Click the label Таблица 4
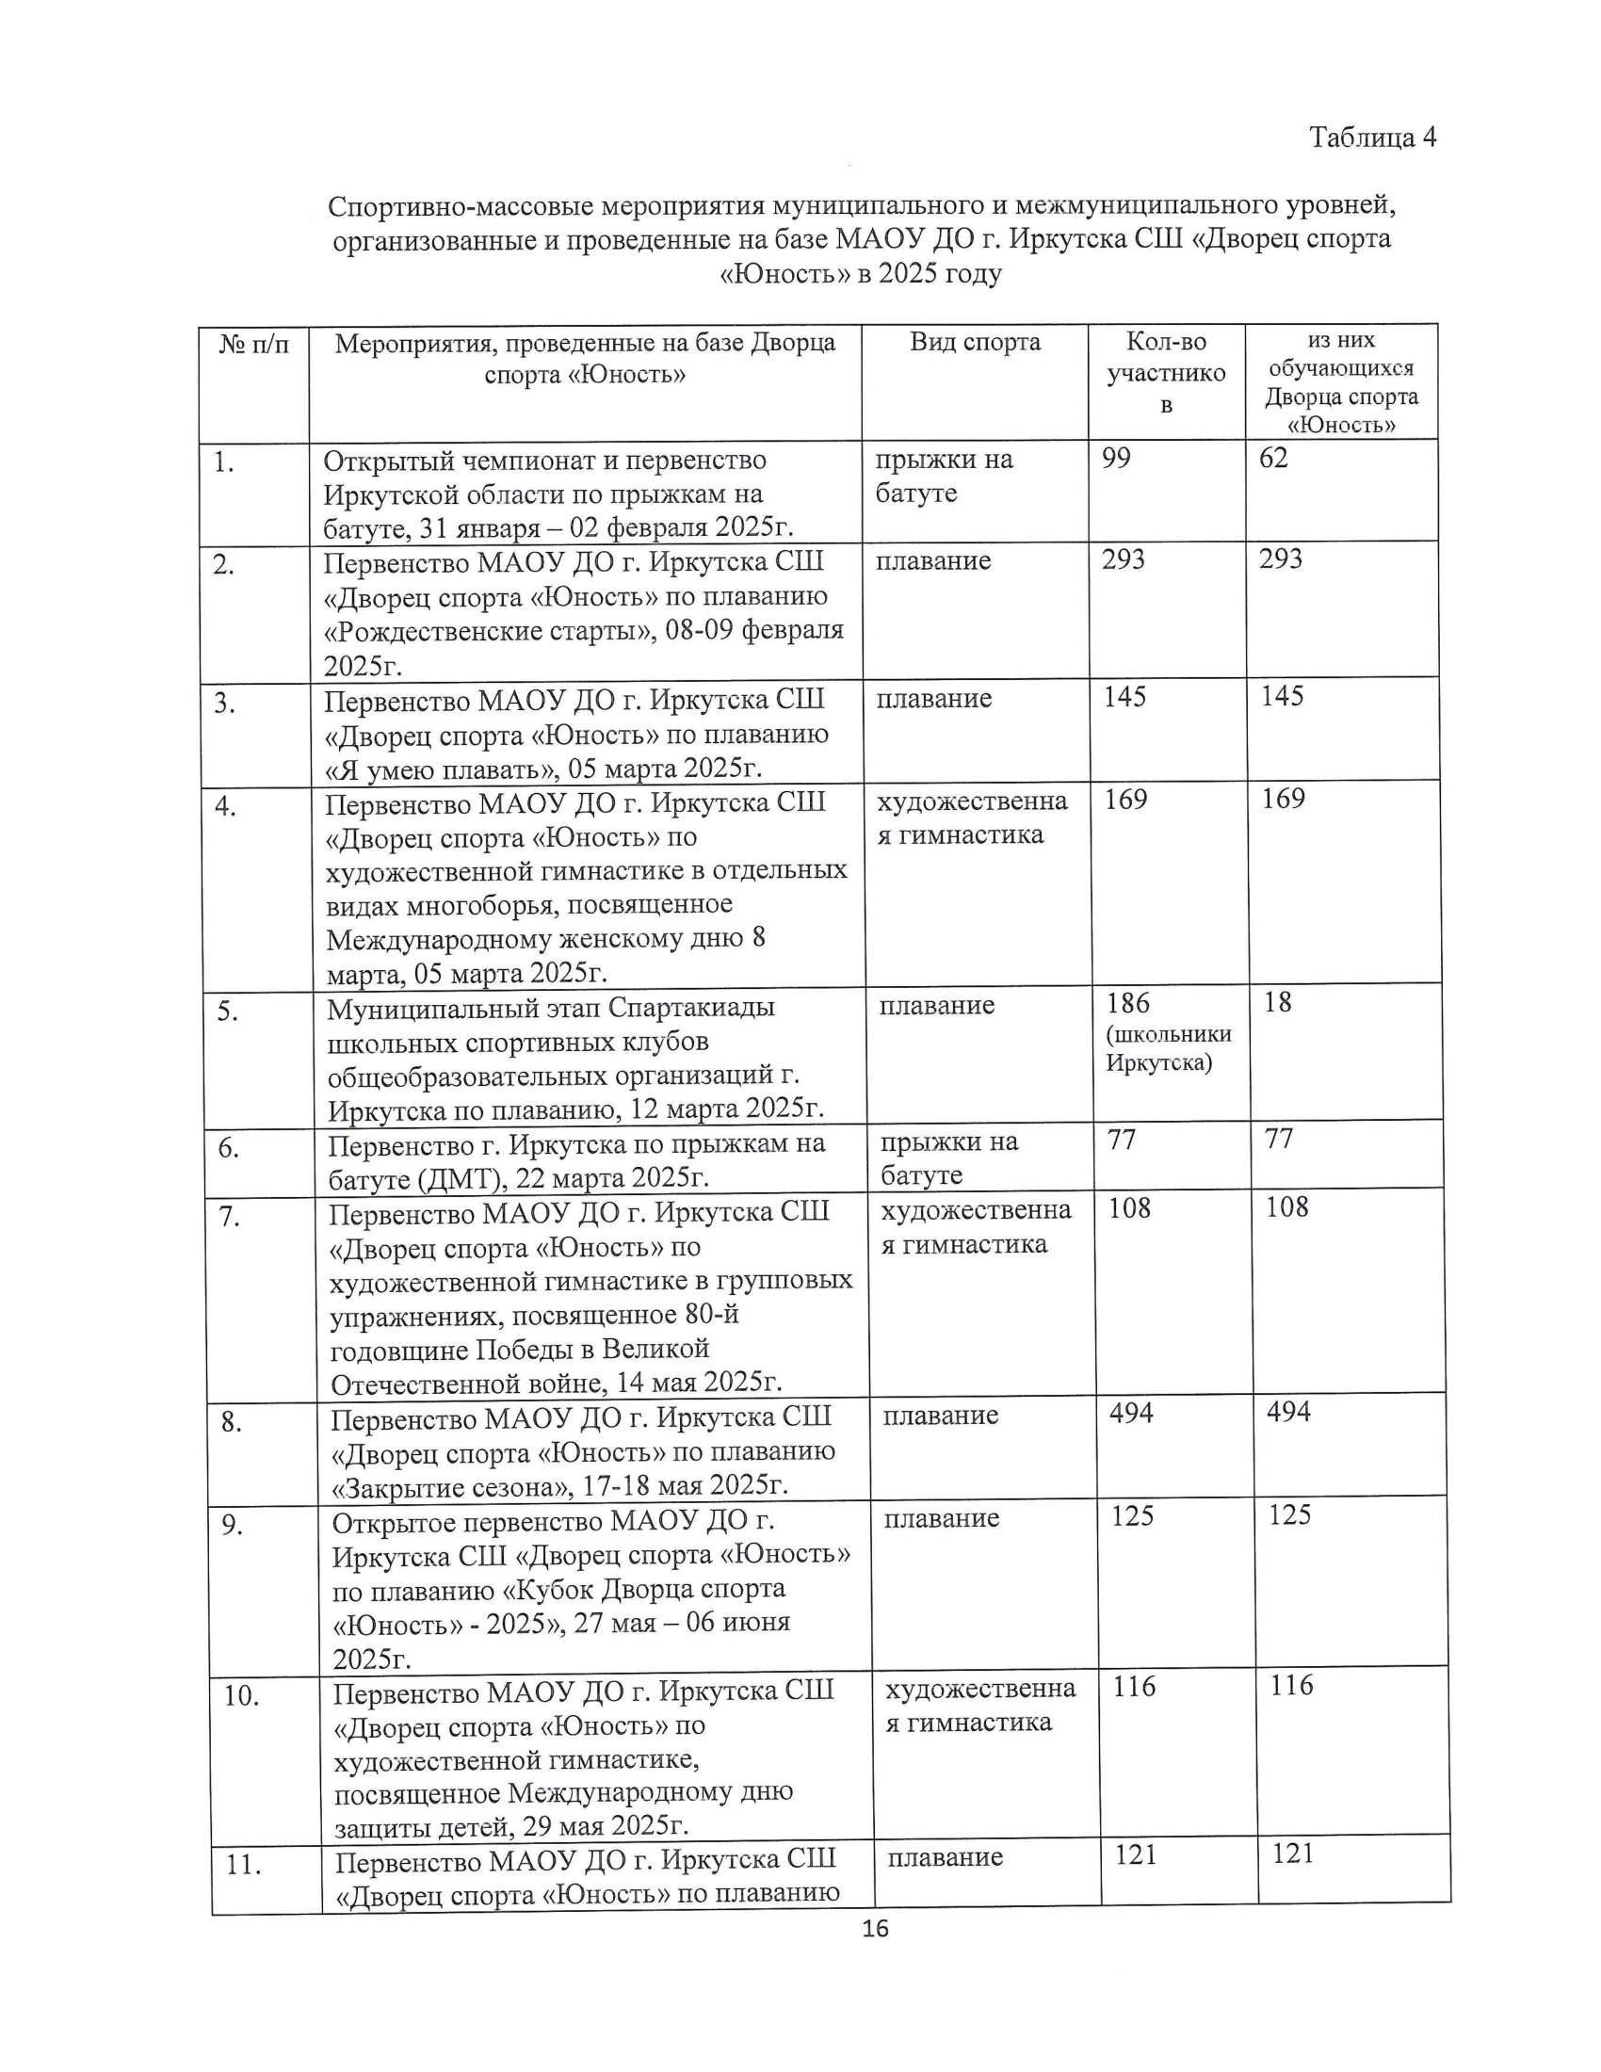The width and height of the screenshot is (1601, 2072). point(1372,138)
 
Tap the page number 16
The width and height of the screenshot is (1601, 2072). point(875,1929)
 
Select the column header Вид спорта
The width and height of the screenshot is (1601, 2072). point(975,343)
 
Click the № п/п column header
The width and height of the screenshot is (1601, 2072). point(253,344)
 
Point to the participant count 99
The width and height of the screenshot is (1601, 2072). point(1116,460)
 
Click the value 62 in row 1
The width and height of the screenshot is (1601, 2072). point(1273,459)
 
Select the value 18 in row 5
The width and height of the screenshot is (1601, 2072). point(1278,1003)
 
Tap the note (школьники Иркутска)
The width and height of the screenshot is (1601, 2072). point(1169,1048)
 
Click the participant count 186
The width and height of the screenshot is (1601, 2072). point(1127,1003)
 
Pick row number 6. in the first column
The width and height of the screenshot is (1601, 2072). point(229,1149)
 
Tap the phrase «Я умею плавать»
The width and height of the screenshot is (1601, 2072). point(435,769)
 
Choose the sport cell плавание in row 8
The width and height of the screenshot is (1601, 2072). point(940,1416)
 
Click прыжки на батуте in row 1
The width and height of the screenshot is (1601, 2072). point(943,477)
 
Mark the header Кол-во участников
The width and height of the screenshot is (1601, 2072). point(1166,373)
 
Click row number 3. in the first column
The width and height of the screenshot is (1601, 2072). point(225,704)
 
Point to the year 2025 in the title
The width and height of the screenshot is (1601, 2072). point(911,274)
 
